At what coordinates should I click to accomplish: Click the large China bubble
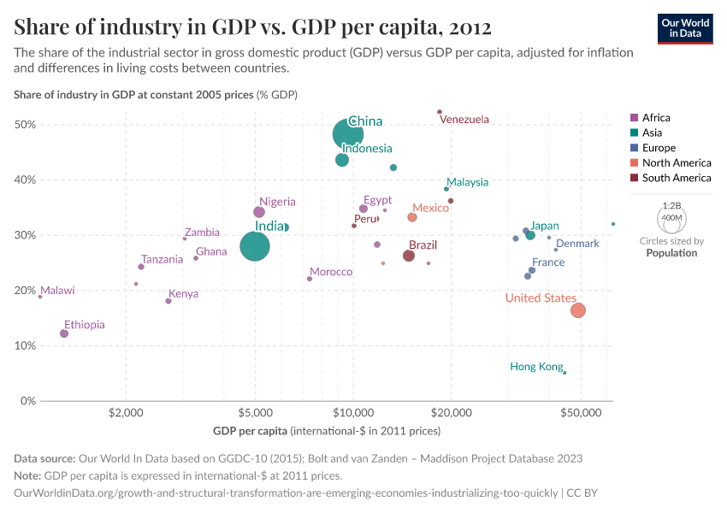tap(347, 134)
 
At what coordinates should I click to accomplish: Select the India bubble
tap(255, 246)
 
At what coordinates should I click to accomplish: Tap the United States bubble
tap(578, 310)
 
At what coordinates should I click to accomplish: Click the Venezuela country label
tap(464, 120)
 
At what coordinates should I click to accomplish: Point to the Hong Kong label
tap(536, 367)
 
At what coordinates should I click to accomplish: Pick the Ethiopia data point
tap(64, 333)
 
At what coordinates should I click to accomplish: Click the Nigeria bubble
tap(259, 212)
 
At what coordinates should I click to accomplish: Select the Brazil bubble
tap(409, 256)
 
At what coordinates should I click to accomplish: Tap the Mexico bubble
tap(412, 217)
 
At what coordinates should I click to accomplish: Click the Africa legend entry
tap(656, 118)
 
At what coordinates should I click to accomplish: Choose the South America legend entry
tap(676, 178)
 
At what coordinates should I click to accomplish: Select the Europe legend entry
tap(659, 148)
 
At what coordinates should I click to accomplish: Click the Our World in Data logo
tap(685, 27)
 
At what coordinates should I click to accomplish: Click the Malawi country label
tap(57, 291)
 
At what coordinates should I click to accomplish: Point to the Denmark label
tap(577, 244)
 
